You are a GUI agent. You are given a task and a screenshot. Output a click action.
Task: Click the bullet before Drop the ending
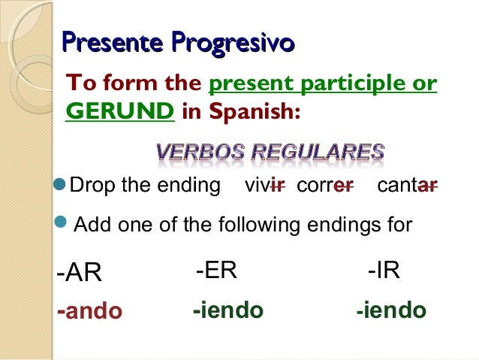click(x=62, y=185)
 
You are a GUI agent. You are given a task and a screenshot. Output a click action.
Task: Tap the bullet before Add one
click(x=63, y=222)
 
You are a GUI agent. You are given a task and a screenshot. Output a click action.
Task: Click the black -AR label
click(x=79, y=273)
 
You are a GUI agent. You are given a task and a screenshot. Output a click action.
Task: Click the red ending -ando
click(x=89, y=310)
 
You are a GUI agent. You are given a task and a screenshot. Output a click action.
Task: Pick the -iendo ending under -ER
click(x=227, y=310)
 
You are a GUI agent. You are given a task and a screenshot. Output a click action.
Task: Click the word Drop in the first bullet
click(x=92, y=186)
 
